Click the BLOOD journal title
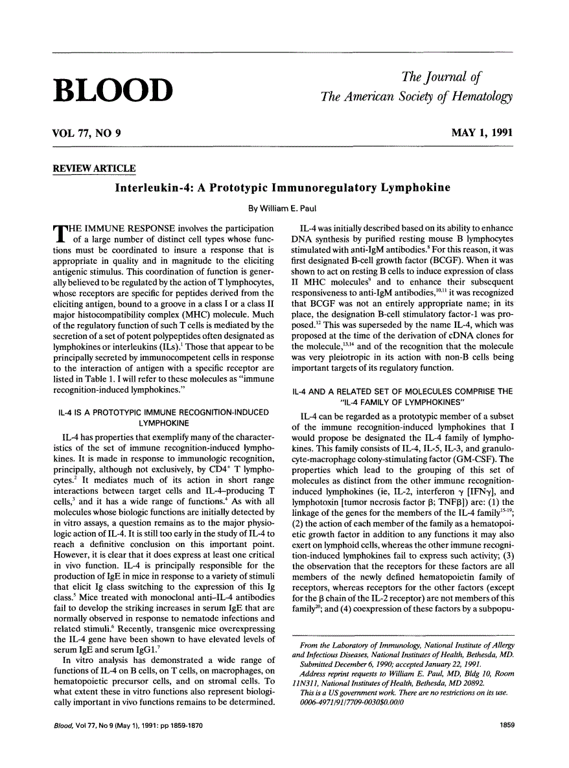point(113,90)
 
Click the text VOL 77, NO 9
point(87,134)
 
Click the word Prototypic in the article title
point(236,188)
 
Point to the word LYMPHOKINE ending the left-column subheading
point(163,420)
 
